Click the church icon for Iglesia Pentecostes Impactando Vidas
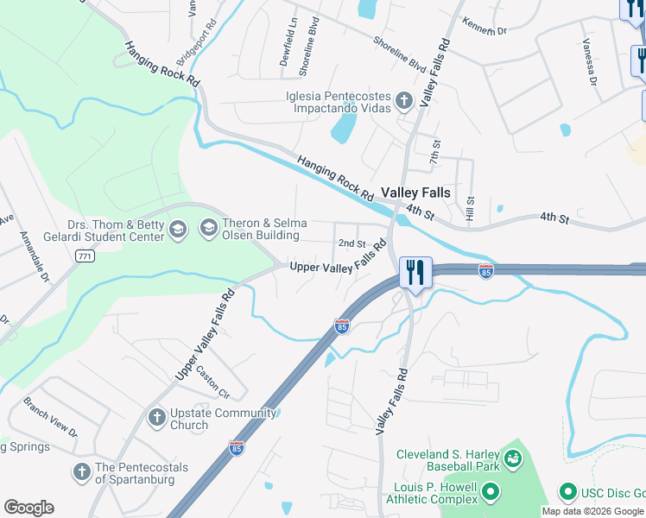pos(403,102)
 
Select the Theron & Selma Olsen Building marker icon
pos(208,228)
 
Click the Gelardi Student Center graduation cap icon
pos(178,229)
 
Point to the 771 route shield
pos(84,256)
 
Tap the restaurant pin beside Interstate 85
pos(415,272)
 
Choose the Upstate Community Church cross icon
pos(156,419)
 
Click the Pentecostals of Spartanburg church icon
pos(82,471)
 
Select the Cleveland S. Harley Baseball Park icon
pos(513,457)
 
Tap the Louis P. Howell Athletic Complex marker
pos(491,493)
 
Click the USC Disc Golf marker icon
pos(568,493)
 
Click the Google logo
pos(28,508)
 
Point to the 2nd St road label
pos(351,243)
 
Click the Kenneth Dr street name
pos(484,27)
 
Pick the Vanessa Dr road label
pos(590,63)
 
